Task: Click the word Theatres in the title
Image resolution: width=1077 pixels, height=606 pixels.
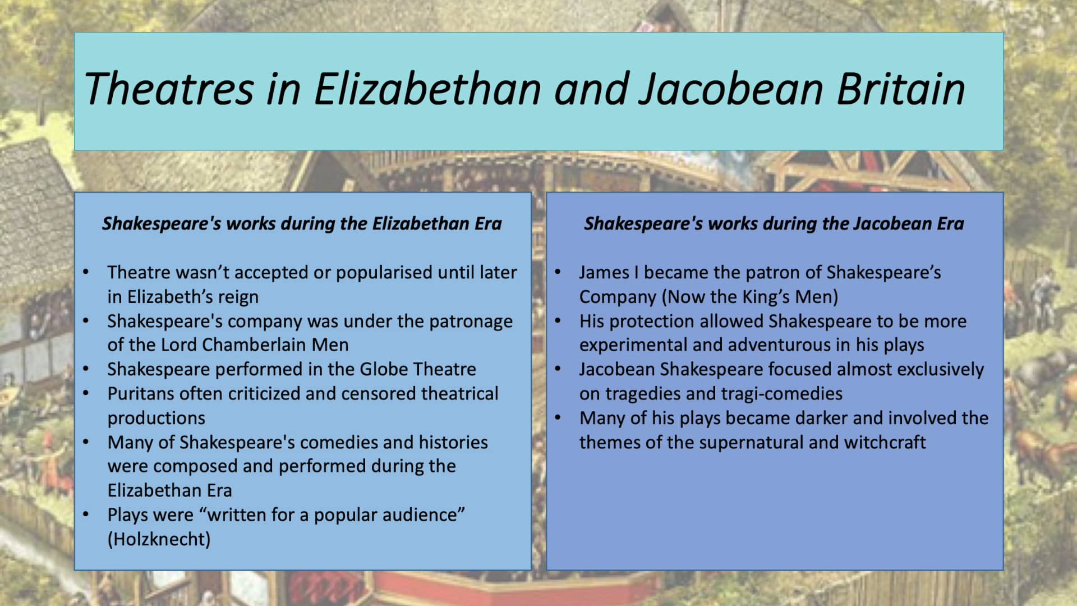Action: pos(169,89)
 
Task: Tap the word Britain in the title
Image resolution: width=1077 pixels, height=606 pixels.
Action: pos(900,89)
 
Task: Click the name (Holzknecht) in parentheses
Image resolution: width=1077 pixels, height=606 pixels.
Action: pos(159,539)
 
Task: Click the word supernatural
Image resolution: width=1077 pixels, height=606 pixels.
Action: pos(751,442)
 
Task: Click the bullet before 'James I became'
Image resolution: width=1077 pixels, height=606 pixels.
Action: pos(558,272)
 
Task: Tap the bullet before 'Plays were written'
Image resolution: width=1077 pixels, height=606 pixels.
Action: pos(86,515)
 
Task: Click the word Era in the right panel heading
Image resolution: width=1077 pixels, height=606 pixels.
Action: pos(950,223)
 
